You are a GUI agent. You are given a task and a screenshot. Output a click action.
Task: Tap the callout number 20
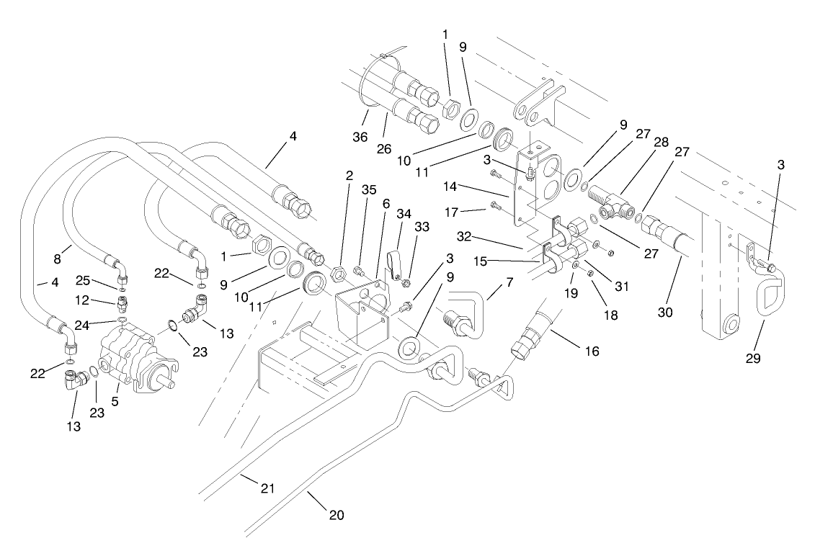click(337, 515)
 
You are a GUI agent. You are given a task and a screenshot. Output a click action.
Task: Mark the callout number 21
click(268, 489)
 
